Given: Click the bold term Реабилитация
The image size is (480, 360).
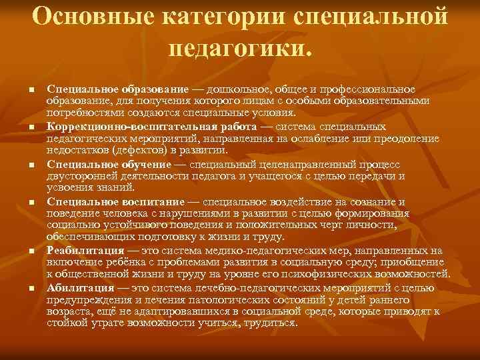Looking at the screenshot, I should point(85,251).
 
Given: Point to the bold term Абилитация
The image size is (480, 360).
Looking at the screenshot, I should point(80,288).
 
